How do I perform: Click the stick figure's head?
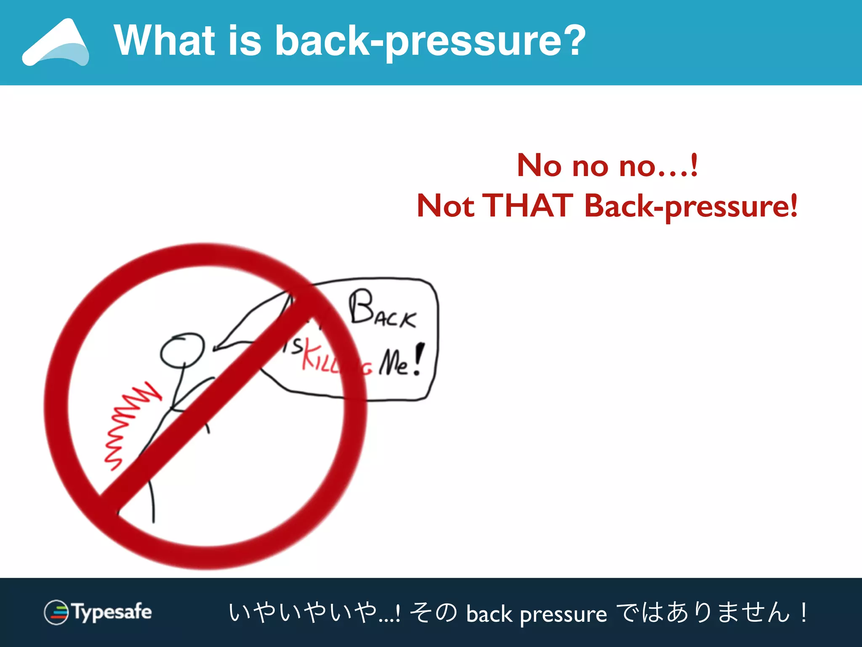[x=182, y=350]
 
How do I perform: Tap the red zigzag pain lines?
[x=126, y=425]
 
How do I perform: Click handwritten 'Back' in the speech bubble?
[x=381, y=310]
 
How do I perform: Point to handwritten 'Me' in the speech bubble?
[x=394, y=362]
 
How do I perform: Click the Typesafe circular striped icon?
[x=56, y=612]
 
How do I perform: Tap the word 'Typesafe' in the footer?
[x=112, y=612]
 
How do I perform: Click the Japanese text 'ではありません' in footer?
[x=703, y=612]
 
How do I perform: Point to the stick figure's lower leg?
[x=152, y=503]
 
